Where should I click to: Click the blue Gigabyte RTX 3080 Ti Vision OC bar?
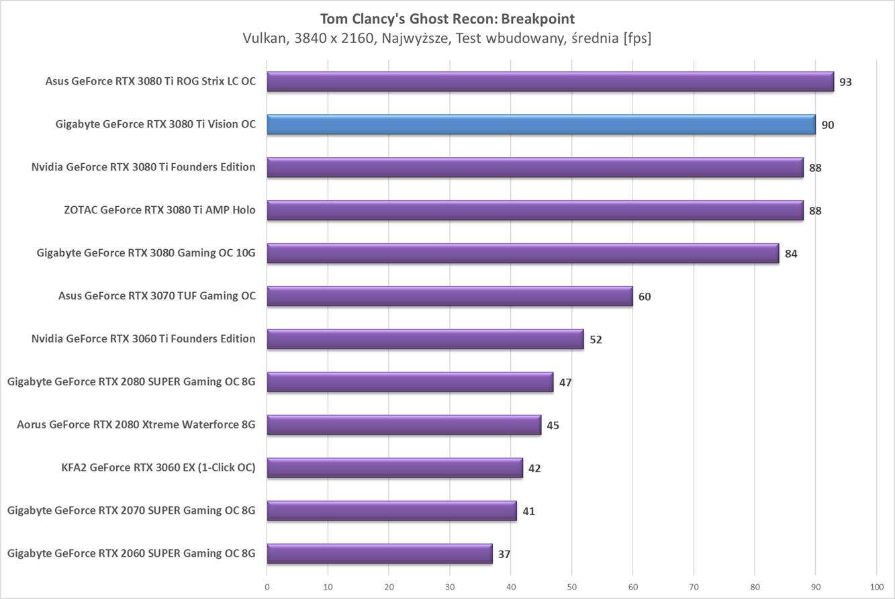click(540, 125)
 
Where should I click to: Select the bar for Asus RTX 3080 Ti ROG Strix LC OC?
click(550, 82)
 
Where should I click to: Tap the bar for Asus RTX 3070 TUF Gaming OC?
click(449, 296)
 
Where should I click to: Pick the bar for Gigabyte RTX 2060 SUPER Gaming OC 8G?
click(379, 554)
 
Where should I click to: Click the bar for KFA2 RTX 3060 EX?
click(395, 468)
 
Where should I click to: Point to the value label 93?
click(845, 82)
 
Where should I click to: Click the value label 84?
click(791, 254)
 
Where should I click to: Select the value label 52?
click(596, 340)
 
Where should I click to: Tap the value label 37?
click(504, 555)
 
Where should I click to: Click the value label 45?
click(553, 426)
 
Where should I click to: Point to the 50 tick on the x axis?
click(571, 586)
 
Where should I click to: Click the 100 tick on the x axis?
click(876, 586)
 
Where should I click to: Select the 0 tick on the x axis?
click(267, 586)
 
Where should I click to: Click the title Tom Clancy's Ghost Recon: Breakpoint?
click(447, 19)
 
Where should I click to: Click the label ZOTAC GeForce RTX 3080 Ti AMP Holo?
click(160, 210)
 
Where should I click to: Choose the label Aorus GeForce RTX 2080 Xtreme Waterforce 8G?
click(136, 425)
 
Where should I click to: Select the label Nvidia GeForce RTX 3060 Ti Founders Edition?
click(143, 339)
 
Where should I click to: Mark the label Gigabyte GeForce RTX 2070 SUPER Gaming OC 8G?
click(132, 511)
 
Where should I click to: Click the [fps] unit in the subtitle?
click(637, 38)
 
